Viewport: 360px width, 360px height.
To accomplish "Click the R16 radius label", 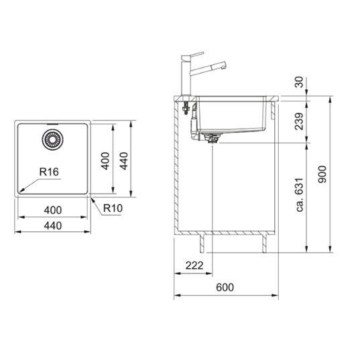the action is [x=49, y=172].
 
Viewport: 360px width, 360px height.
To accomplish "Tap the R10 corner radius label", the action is [x=113, y=208].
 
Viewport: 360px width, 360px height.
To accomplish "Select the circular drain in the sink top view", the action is [x=53, y=139].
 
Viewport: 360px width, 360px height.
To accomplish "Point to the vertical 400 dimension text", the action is [x=105, y=161].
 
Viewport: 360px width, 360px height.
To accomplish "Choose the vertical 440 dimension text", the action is [x=124, y=161].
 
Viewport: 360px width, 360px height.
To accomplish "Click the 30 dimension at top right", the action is [x=299, y=82].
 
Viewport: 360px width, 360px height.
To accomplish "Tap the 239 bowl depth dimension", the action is [x=299, y=121].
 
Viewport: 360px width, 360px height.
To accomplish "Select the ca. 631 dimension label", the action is [x=300, y=194].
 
